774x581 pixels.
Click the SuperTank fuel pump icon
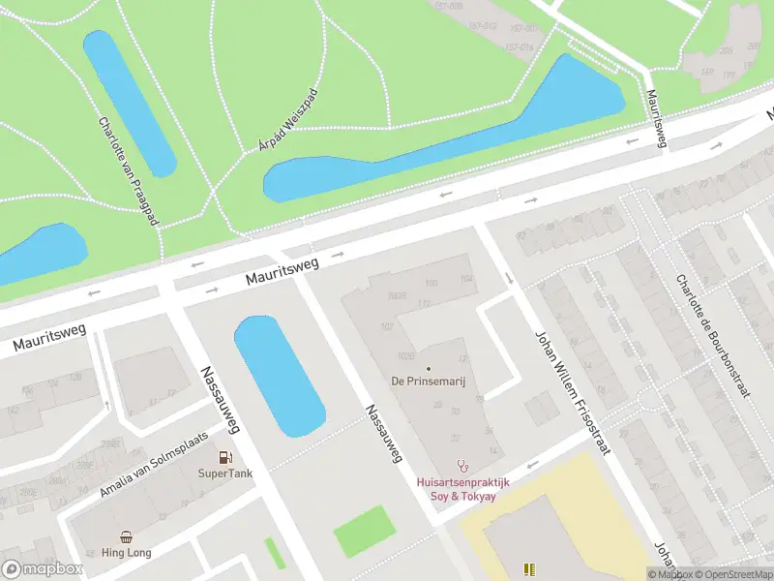(224, 457)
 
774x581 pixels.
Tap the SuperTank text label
(224, 474)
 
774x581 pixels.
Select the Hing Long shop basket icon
(127, 536)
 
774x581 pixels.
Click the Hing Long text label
(127, 553)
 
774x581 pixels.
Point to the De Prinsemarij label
(429, 382)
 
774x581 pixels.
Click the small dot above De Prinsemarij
(429, 368)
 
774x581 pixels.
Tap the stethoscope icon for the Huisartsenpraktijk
(462, 465)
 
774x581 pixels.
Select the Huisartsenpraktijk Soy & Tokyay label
(462, 489)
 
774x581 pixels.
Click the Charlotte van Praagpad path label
(128, 172)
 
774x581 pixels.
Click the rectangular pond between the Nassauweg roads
(279, 376)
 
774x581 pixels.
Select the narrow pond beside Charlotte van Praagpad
(130, 103)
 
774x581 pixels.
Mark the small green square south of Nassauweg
(365, 531)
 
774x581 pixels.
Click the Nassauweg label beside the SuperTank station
(220, 400)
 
